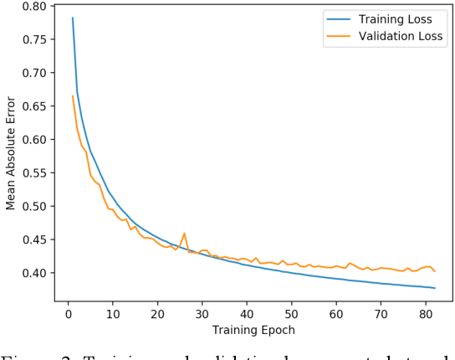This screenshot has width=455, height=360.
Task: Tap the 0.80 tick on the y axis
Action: pos(33,6)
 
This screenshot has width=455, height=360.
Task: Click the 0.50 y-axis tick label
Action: pos(33,206)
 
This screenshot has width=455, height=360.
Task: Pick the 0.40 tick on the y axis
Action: pos(33,273)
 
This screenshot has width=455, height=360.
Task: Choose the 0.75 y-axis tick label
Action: pos(33,39)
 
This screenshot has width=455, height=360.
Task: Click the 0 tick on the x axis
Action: pos(69,313)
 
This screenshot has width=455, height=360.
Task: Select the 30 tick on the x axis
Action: pos(202,313)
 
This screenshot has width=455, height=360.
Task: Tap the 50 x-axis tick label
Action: pos(291,313)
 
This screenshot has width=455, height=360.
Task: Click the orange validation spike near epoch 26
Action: pos(184,234)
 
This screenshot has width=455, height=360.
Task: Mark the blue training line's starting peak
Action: pos(73,18)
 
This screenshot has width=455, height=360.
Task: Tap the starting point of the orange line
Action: pos(73,95)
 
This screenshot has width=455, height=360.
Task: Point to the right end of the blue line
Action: pos(435,288)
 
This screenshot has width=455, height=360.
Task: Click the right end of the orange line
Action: pos(435,271)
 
